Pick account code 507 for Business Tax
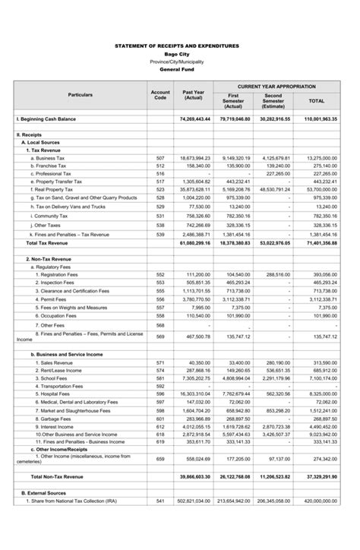[160, 158]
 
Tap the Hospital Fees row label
[53, 394]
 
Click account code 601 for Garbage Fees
[160, 418]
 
